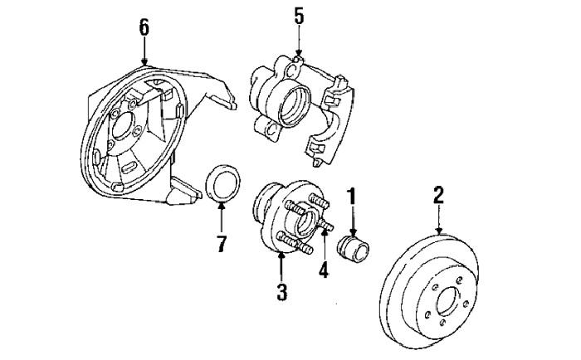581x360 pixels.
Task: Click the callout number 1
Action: (x=351, y=197)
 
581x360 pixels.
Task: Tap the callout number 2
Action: (x=439, y=195)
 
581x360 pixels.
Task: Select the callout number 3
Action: (x=281, y=292)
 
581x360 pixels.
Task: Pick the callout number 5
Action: (x=299, y=17)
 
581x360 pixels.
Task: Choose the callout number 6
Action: (x=144, y=27)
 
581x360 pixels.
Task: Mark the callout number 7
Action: (x=222, y=243)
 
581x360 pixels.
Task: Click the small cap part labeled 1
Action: (x=353, y=249)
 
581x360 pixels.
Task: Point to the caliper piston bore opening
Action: (x=294, y=106)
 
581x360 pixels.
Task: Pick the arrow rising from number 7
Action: (x=222, y=217)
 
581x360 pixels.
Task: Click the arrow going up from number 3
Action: (x=281, y=266)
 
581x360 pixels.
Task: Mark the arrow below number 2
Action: (x=439, y=219)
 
